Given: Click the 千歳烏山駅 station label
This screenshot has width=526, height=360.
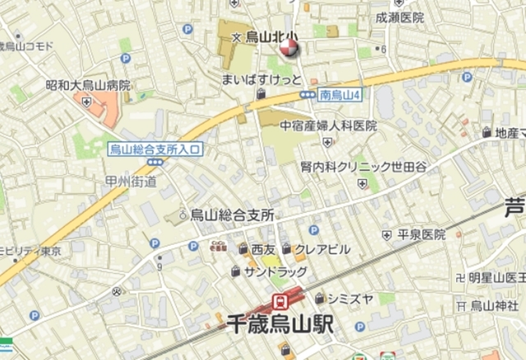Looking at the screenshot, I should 280,325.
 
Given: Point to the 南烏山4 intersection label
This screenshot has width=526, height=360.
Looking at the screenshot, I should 341,95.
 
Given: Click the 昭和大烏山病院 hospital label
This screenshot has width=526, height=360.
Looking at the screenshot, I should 88,85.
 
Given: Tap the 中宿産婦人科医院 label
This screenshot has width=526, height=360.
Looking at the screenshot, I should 328,126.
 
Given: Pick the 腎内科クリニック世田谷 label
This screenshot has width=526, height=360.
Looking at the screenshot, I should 363,166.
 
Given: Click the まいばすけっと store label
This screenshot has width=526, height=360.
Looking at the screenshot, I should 262,80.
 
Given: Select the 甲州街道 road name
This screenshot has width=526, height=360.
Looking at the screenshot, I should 131,182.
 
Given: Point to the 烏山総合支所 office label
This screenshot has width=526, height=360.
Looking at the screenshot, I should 232,215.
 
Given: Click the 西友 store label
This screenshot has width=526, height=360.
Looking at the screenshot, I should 263,249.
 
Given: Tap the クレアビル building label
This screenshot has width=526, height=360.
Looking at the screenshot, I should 322,249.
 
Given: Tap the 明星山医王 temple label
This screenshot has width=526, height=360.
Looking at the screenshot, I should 497,277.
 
